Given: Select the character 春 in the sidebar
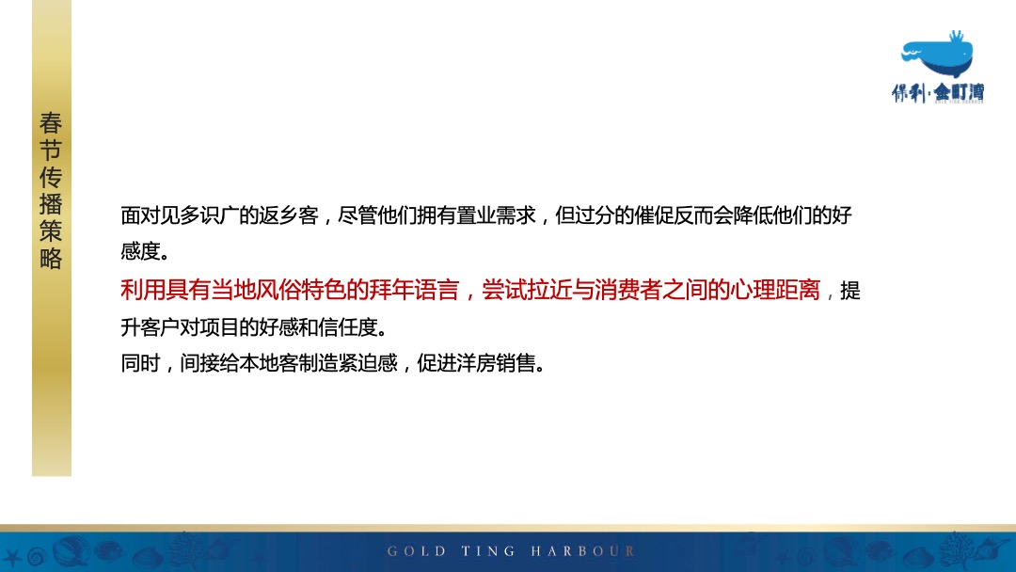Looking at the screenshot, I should [x=51, y=122].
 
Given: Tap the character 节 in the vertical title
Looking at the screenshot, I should [x=51, y=150].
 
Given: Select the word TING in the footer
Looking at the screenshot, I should [x=489, y=551].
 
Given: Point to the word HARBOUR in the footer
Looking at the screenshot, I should [x=583, y=551].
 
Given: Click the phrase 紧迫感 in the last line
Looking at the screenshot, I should [x=377, y=363].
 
